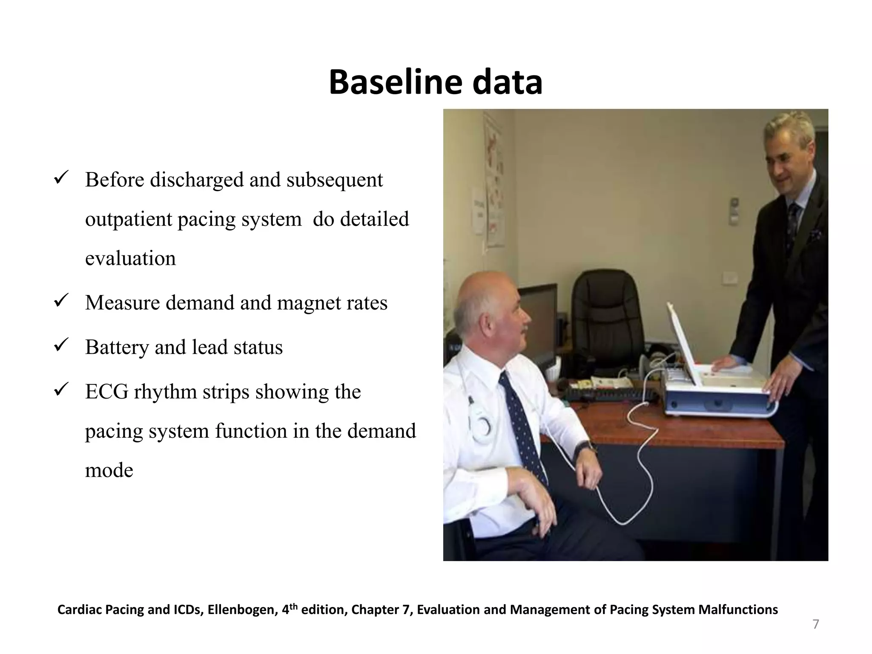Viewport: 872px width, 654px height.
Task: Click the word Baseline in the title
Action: click(395, 82)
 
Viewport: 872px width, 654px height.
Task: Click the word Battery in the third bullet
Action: click(116, 347)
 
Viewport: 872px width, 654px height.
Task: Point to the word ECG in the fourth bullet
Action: click(106, 392)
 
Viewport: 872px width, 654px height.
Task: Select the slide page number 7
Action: click(815, 624)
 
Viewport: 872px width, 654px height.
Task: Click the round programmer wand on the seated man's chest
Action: click(482, 426)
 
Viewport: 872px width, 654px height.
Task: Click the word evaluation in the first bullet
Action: click(130, 258)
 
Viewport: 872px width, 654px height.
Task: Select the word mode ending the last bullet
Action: click(109, 470)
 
